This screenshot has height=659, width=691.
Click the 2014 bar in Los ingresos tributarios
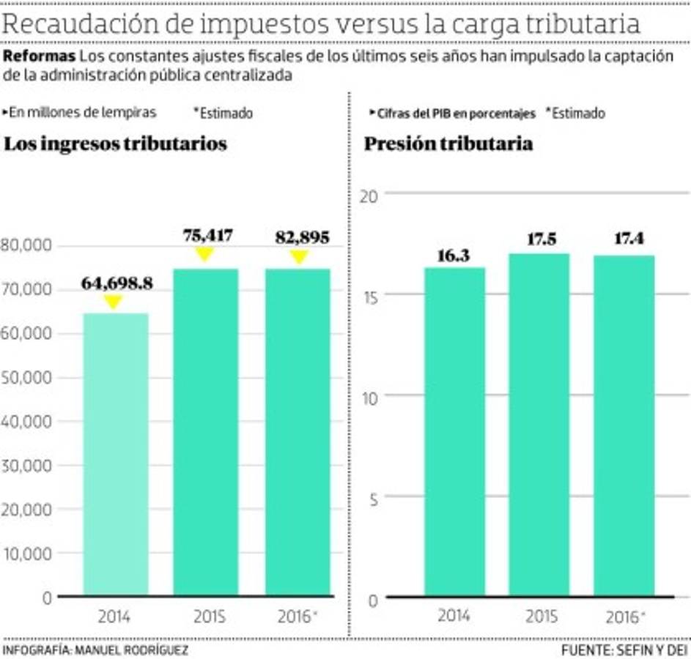pyautogui.click(x=116, y=454)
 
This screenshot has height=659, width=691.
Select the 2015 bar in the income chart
pyautogui.click(x=206, y=432)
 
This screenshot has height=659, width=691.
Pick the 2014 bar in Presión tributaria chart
pyautogui.click(x=454, y=432)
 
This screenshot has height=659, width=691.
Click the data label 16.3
pyautogui.click(x=454, y=256)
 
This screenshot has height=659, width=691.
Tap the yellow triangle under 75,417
pyautogui.click(x=205, y=253)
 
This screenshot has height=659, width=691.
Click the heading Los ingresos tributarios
pyautogui.click(x=116, y=144)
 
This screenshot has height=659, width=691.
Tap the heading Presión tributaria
pyautogui.click(x=448, y=144)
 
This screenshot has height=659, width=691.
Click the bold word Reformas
pyautogui.click(x=39, y=56)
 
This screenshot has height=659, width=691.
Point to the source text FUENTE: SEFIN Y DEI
pyautogui.click(x=625, y=650)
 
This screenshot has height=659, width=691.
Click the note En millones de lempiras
pyautogui.click(x=82, y=113)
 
